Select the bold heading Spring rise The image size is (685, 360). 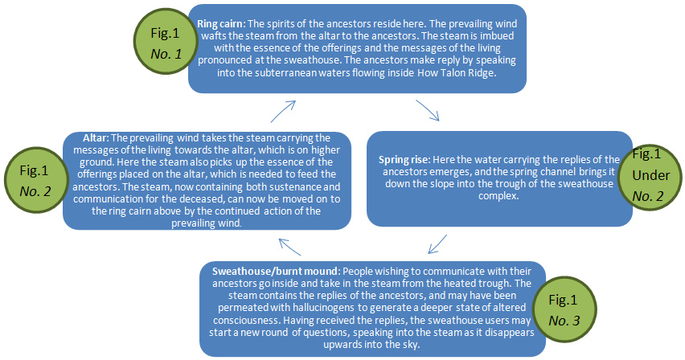pos(404,160)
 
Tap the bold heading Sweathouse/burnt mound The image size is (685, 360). pos(262,271)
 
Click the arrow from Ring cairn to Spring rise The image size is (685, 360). pos(428,110)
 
